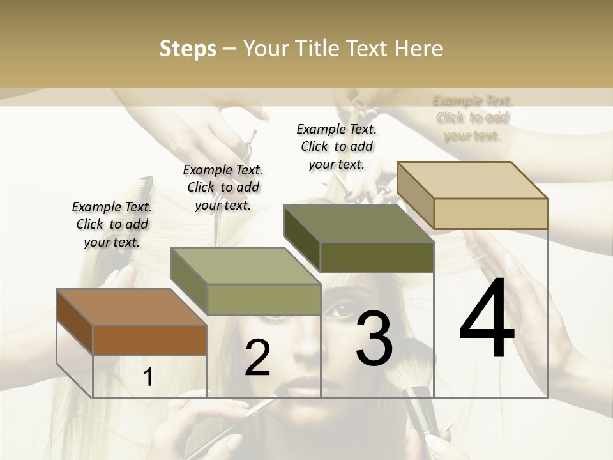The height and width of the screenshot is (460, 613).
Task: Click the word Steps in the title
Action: pyautogui.click(x=188, y=49)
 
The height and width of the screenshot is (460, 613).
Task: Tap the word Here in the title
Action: pyautogui.click(x=418, y=49)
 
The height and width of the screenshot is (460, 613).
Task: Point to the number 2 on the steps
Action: pyautogui.click(x=257, y=358)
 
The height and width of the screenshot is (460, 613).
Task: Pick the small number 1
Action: pyautogui.click(x=148, y=378)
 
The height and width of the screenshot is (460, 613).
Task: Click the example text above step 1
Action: pyautogui.click(x=112, y=224)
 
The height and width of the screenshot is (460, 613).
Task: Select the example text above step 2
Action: pyautogui.click(x=223, y=187)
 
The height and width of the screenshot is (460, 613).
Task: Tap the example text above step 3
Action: pyautogui.click(x=337, y=146)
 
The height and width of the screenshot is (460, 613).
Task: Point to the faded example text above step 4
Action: pyautogui.click(x=473, y=118)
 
